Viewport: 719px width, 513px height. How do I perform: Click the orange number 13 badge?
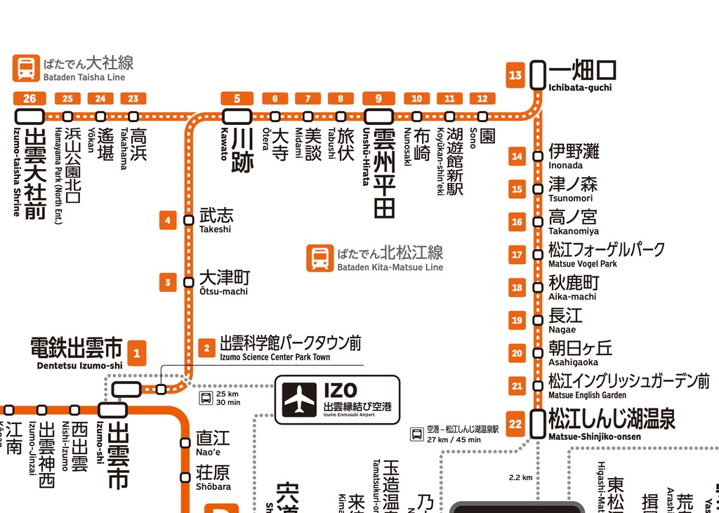[516, 75]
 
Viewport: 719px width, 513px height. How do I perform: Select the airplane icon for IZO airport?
[300, 399]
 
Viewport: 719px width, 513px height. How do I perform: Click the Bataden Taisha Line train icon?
[26, 68]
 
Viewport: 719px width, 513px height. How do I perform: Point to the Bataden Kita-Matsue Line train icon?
[319, 258]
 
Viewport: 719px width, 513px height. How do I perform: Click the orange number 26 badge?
[29, 98]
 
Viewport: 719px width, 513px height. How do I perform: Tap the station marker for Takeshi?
[188, 220]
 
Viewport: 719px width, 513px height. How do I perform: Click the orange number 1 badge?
[137, 354]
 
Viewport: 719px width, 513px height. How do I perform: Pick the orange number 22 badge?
[516, 424]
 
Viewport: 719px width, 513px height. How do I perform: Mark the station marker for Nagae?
[538, 320]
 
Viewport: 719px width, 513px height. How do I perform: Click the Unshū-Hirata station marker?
[378, 116]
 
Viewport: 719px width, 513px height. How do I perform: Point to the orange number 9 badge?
[378, 98]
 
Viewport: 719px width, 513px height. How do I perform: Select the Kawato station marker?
[237, 116]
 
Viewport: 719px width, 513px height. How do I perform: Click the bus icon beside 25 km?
[206, 398]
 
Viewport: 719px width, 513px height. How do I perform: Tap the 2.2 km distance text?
[520, 478]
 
